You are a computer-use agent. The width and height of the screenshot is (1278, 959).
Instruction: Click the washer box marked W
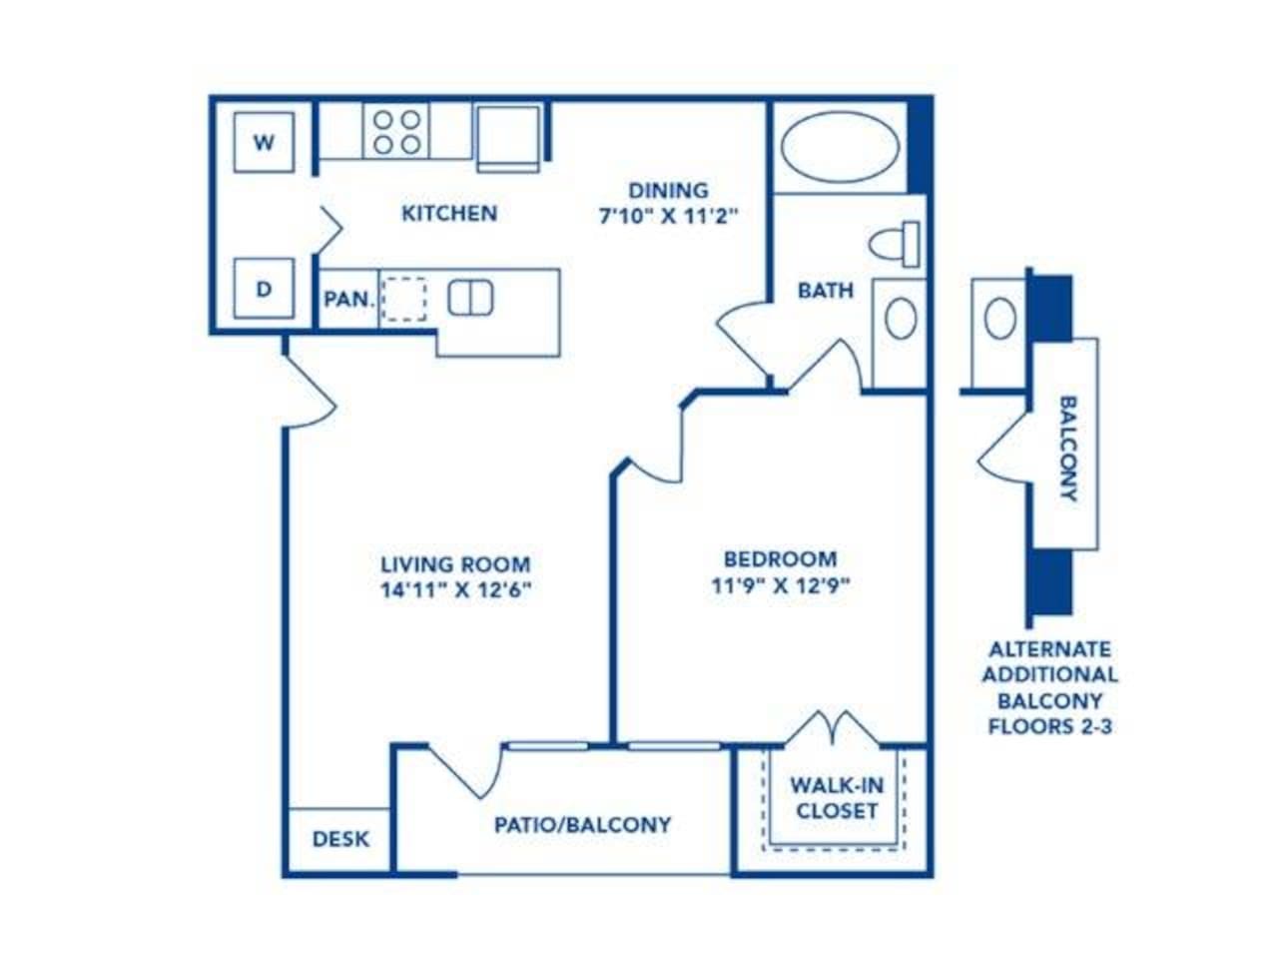264,142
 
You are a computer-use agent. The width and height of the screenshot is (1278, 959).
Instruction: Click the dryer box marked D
264,289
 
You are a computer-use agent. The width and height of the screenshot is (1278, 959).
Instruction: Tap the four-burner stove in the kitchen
396,131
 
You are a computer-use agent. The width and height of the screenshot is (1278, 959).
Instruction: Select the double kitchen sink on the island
470,298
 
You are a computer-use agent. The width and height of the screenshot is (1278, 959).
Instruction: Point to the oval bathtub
840,147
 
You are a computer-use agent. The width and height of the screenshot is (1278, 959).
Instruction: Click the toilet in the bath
895,244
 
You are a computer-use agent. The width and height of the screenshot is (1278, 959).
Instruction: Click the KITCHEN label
449,213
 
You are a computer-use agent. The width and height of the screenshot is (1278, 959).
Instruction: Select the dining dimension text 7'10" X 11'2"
668,217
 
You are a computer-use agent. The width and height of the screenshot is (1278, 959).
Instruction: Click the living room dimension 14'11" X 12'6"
456,590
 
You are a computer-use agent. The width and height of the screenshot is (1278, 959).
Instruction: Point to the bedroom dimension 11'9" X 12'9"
781,585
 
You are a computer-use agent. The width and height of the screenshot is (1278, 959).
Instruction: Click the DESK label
340,839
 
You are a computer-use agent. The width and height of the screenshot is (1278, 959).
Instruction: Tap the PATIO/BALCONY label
583,824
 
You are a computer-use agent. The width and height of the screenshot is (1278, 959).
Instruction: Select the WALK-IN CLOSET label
837,798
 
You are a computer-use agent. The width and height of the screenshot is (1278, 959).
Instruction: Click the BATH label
826,290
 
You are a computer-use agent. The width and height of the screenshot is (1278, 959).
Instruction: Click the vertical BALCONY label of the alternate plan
1067,449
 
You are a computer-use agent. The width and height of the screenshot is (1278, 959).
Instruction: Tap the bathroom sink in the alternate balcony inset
1000,318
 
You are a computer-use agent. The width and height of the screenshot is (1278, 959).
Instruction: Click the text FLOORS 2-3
1050,726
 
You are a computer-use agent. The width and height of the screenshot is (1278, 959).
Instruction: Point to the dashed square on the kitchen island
403,299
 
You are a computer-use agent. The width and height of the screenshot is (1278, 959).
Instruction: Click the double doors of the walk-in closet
833,728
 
